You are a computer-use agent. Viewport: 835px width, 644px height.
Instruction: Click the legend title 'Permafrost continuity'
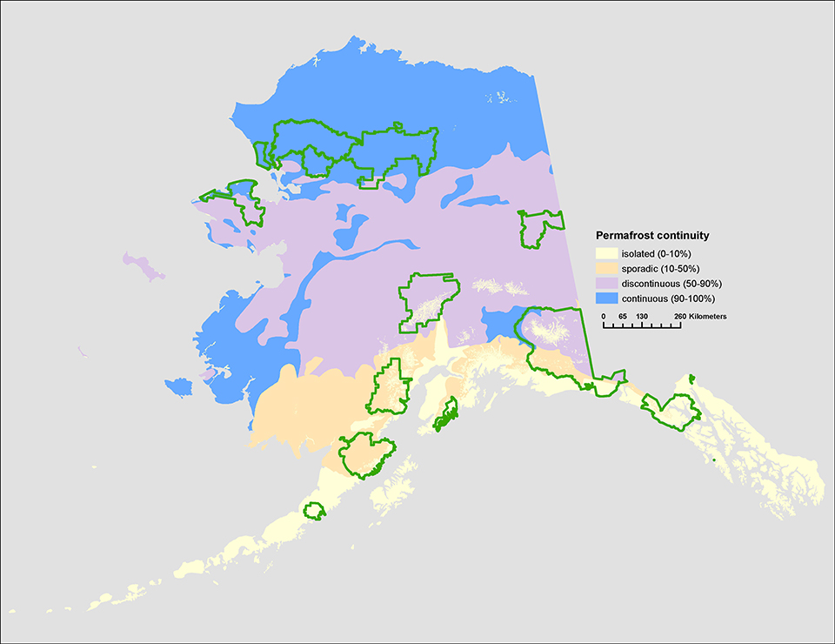[x=651, y=236]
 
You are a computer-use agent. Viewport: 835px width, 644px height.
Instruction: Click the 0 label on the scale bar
[x=604, y=316]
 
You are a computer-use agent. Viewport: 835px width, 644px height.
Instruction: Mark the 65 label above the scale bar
[x=622, y=316]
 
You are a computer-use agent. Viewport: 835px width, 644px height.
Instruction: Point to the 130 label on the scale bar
[x=642, y=316]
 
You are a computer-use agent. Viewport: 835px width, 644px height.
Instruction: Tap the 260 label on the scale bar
[x=679, y=316]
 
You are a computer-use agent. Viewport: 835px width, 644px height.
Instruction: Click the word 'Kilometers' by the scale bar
[x=709, y=316]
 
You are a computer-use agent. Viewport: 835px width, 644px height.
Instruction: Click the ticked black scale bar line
[x=642, y=327]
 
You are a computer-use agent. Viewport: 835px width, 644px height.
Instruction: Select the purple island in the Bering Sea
[x=144, y=267]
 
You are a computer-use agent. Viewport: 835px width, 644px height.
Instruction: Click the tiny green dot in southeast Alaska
[x=713, y=460]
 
